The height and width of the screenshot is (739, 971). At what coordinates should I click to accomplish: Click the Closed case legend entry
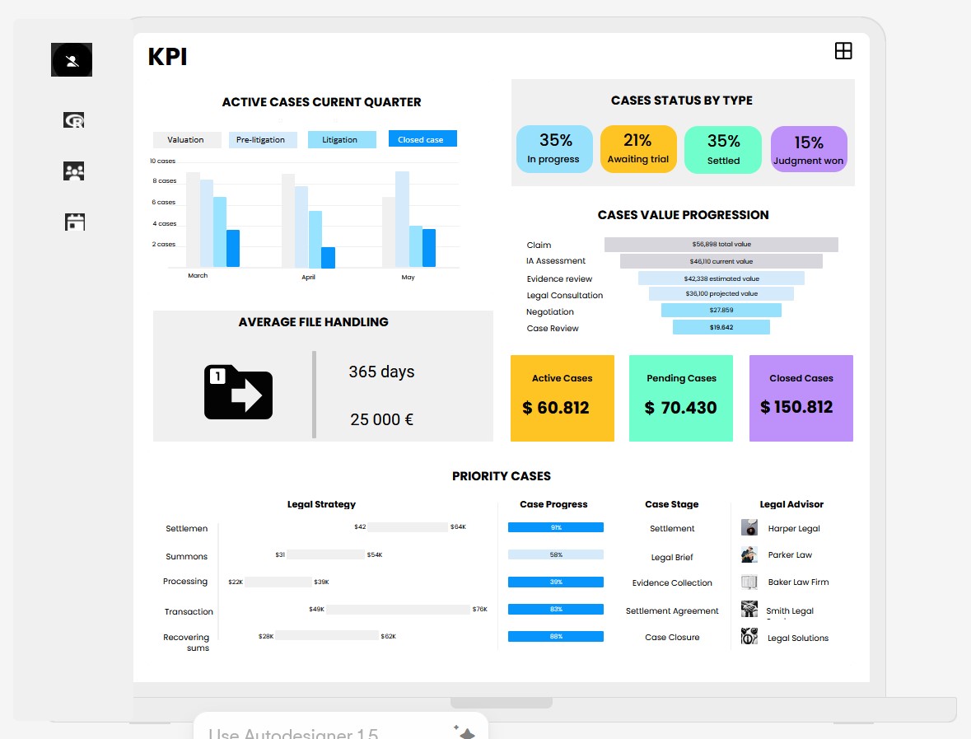click(x=422, y=139)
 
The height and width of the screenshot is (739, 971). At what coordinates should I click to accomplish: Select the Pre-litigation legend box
click(x=260, y=139)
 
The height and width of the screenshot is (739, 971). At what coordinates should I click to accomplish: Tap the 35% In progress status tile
click(x=554, y=149)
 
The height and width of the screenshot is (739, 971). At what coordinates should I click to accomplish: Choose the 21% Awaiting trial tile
click(x=638, y=149)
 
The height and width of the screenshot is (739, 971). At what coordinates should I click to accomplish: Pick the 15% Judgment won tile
click(x=809, y=149)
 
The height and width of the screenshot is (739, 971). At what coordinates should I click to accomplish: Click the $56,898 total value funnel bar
click(x=721, y=245)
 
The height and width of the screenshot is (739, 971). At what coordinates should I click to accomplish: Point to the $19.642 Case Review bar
click(x=721, y=327)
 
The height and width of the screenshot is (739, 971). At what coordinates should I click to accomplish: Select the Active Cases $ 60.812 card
click(x=563, y=398)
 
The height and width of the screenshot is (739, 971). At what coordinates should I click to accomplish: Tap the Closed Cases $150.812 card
click(x=801, y=398)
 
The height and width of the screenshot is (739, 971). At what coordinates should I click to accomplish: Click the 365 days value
click(x=381, y=372)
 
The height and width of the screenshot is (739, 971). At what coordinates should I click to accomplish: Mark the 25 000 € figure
click(x=381, y=419)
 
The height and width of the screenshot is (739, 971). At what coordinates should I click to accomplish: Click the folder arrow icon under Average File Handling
click(x=238, y=392)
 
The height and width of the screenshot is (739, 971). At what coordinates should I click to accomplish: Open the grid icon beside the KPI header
click(x=843, y=51)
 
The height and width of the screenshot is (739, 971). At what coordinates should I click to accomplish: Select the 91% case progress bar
click(x=556, y=527)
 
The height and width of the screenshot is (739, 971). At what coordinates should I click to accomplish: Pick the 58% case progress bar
click(x=556, y=554)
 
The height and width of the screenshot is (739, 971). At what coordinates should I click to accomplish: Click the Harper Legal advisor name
click(x=793, y=528)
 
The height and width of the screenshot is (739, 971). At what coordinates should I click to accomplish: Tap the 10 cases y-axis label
click(x=163, y=161)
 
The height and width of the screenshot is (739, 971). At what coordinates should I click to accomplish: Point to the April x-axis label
click(x=308, y=277)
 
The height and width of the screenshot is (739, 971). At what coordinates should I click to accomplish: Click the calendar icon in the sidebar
click(x=75, y=222)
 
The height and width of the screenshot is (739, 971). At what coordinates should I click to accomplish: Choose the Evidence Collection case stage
click(x=672, y=582)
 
